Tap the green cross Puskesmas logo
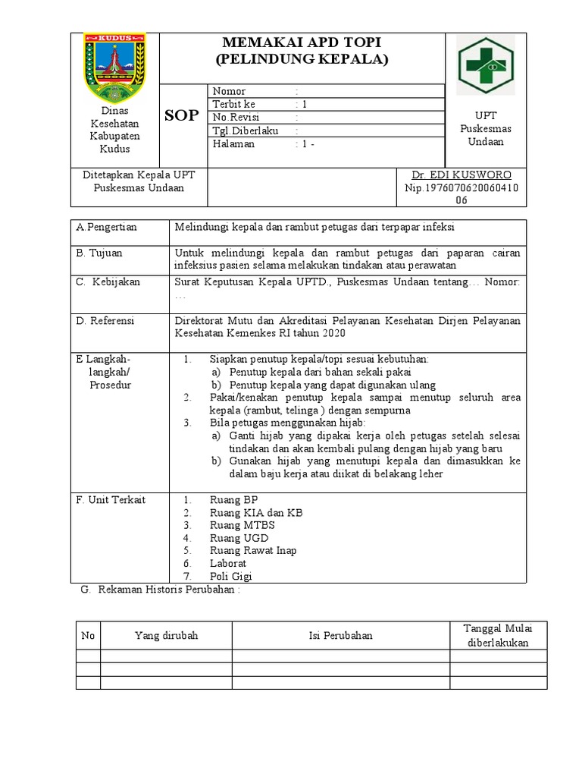click(485, 66)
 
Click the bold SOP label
click(182, 115)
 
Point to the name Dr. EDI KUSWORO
click(462, 175)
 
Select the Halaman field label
click(233, 143)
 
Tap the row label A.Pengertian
click(106, 227)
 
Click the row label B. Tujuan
click(99, 253)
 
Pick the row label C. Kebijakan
click(108, 282)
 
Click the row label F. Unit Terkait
click(111, 500)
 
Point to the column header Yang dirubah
click(166, 635)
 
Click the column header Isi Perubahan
click(340, 635)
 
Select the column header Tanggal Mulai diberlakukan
click(499, 634)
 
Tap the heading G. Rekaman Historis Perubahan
click(160, 590)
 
